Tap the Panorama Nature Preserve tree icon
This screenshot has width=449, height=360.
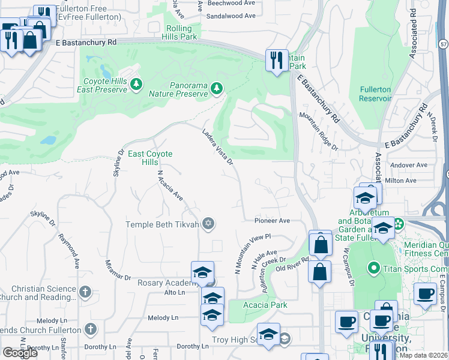[216, 89]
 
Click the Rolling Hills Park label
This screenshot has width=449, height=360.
[179, 32]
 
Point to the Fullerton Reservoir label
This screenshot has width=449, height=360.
[375, 94]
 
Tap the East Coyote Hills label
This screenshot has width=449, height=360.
[150, 158]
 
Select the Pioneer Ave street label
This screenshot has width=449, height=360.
[272, 221]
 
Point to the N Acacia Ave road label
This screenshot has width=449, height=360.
[169, 185]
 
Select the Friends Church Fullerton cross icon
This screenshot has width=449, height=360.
[90, 329]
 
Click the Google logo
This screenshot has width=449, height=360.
[20, 353]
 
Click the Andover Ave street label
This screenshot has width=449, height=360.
[408, 165]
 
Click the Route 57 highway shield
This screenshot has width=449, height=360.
[442, 44]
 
